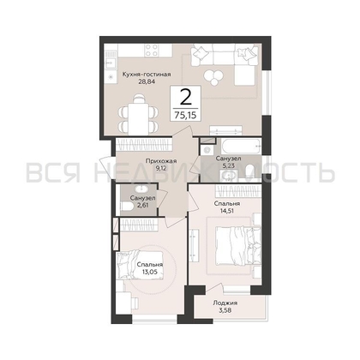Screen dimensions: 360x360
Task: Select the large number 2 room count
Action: [x=184, y=98]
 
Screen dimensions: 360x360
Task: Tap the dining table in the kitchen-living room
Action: [x=137, y=111]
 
